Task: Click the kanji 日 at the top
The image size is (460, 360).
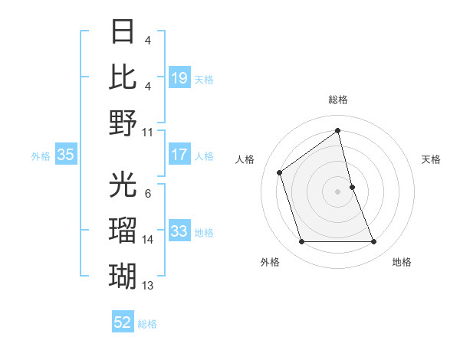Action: [x=123, y=33]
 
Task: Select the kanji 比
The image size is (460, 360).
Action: [x=123, y=77]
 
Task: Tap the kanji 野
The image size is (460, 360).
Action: [x=123, y=122]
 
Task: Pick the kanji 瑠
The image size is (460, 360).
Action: [x=123, y=230]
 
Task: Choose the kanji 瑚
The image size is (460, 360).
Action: [x=123, y=274]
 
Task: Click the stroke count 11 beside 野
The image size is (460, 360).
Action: [x=148, y=132]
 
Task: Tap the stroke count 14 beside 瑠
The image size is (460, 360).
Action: [x=148, y=240]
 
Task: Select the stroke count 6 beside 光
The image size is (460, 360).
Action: [x=147, y=194]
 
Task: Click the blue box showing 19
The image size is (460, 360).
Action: [x=179, y=78]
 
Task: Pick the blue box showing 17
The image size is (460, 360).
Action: [x=179, y=155]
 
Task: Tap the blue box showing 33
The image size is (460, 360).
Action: [x=179, y=231]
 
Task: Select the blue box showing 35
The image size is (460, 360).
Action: [x=66, y=155]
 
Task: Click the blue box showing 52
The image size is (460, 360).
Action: [x=123, y=322]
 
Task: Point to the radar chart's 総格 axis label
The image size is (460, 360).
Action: [x=338, y=100]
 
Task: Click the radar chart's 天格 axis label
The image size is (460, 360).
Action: [x=432, y=159]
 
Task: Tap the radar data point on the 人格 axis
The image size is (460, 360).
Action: [x=280, y=172]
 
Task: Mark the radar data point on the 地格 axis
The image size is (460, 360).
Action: [x=374, y=242]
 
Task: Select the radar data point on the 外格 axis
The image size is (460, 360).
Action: [x=301, y=242]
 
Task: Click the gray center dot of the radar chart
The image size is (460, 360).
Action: [x=338, y=191]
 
